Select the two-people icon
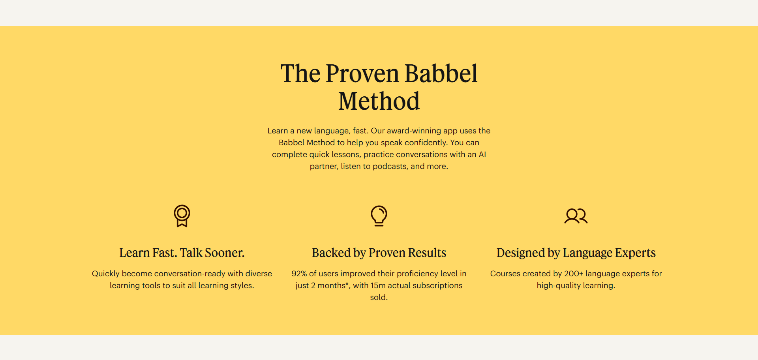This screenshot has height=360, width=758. click(576, 216)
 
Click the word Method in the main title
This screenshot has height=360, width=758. click(379, 101)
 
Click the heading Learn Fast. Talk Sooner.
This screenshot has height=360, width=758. click(182, 253)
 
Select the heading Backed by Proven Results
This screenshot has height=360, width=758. click(379, 253)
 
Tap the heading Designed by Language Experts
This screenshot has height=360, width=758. click(576, 253)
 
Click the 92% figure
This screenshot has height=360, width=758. click(299, 274)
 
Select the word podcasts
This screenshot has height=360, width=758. click(390, 167)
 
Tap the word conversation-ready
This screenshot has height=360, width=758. click(189, 274)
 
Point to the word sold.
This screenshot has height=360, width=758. click(379, 297)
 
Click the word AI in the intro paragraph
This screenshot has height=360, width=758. click(482, 154)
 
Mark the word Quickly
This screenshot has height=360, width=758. click(105, 274)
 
